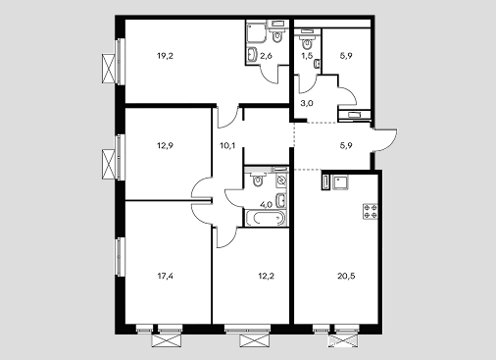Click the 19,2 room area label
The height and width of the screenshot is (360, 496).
(165, 56)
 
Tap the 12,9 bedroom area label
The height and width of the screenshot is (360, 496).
(165, 145)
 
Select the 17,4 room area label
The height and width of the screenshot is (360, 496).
(165, 277)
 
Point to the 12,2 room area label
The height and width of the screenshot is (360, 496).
(266, 277)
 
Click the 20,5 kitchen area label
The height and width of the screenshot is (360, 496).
(346, 277)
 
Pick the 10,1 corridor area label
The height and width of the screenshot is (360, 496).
(227, 145)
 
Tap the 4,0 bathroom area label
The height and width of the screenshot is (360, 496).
(266, 205)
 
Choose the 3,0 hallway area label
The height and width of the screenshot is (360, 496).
(307, 103)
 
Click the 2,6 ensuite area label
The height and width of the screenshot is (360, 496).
(266, 56)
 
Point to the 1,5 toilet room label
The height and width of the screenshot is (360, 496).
(307, 56)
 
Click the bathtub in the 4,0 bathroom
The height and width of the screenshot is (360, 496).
(265, 218)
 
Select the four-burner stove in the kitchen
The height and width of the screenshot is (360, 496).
(371, 211)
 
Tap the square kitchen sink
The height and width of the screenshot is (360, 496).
(340, 182)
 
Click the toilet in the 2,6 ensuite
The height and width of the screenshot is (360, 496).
(277, 36)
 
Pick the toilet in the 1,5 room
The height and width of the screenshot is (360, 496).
(307, 42)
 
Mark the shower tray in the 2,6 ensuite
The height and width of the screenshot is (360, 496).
(256, 32)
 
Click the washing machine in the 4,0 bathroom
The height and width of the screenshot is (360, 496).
(281, 180)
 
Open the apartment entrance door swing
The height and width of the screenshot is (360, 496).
(385, 140)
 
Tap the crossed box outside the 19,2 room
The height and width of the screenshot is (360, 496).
(109, 69)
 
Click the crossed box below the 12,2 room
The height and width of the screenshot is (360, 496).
(255, 340)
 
